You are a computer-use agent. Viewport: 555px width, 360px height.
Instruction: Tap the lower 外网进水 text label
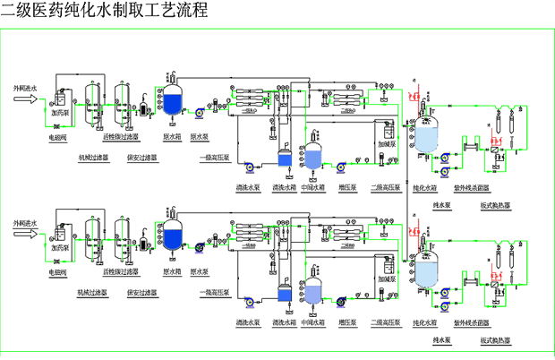[24, 220]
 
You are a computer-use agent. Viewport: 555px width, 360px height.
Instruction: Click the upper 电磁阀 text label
[58, 139]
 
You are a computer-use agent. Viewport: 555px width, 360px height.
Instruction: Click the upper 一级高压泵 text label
[214, 158]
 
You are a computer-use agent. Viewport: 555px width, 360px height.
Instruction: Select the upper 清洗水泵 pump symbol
[250, 164]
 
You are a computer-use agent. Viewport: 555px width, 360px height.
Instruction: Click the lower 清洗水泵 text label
[248, 321]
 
